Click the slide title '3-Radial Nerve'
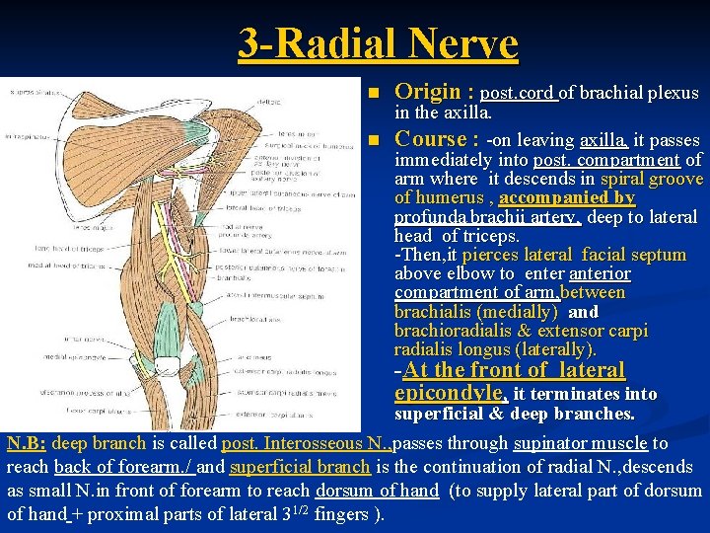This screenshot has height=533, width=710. (378, 43)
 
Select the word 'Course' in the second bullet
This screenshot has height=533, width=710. (430, 139)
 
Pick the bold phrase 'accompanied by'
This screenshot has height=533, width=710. (573, 198)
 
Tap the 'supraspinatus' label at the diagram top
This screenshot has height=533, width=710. (34, 92)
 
